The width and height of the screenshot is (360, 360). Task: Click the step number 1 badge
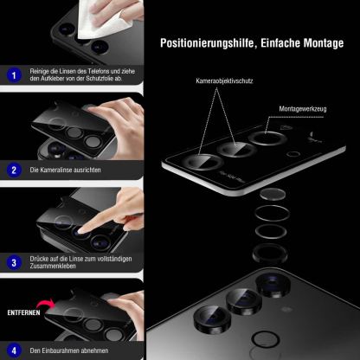coord(13,75)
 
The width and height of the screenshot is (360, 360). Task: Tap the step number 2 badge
coord(13,170)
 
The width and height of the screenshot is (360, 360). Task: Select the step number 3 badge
coord(13,261)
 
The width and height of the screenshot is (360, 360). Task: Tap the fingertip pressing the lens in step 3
coord(79,228)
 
